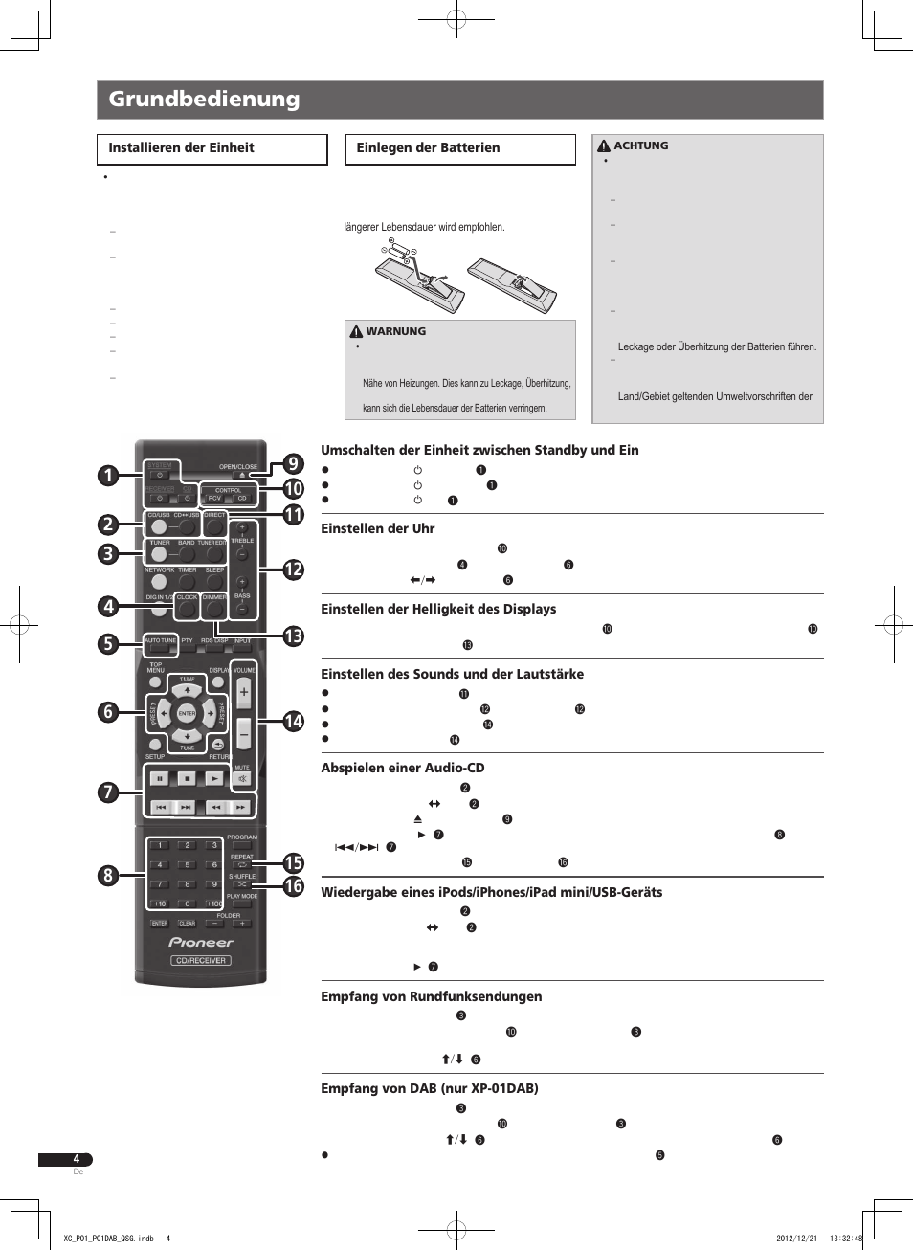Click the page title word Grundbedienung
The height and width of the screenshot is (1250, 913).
click(x=204, y=100)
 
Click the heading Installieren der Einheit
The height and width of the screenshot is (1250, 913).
click(x=181, y=148)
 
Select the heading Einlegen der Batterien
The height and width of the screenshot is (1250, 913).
click(x=428, y=148)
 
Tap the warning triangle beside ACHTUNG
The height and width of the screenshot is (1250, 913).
click(x=604, y=146)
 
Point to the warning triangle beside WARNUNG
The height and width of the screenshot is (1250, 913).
click(x=356, y=332)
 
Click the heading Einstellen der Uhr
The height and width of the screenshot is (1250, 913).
click(x=377, y=528)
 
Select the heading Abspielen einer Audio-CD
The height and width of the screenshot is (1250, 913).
click(x=402, y=768)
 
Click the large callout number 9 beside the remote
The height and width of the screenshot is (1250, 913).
click(x=293, y=464)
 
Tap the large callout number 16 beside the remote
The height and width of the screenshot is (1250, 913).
click(x=293, y=886)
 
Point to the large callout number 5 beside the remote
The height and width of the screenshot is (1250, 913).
click(x=108, y=644)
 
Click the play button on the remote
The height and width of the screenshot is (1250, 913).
click(x=214, y=779)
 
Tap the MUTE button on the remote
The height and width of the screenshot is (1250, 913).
click(x=242, y=778)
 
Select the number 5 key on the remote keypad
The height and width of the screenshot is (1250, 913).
click(x=188, y=865)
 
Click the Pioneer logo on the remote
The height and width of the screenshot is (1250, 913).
click(x=201, y=942)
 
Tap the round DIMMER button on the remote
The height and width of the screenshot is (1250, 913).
click(x=214, y=609)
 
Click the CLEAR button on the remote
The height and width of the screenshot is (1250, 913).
click(x=187, y=924)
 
